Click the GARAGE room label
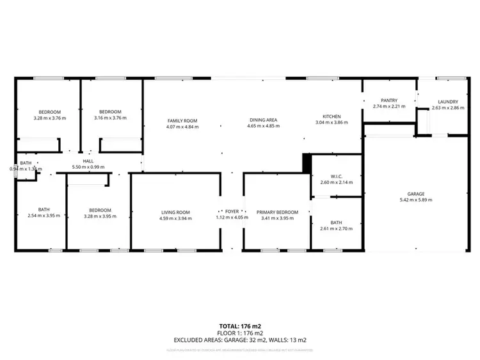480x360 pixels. click(416, 193)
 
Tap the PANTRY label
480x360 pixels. click(389, 100)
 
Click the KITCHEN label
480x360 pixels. click(331, 116)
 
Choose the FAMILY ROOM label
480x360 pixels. click(182, 120)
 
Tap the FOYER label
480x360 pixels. click(231, 212)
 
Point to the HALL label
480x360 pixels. click(88, 161)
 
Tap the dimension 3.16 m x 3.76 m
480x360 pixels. click(110, 118)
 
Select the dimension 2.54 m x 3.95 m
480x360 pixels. click(44, 215)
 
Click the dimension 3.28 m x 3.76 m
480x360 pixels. click(49, 118)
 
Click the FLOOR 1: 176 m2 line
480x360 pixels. click(240, 333)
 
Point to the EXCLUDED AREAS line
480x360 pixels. click(240, 340)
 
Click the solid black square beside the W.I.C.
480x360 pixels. click(307, 163)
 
